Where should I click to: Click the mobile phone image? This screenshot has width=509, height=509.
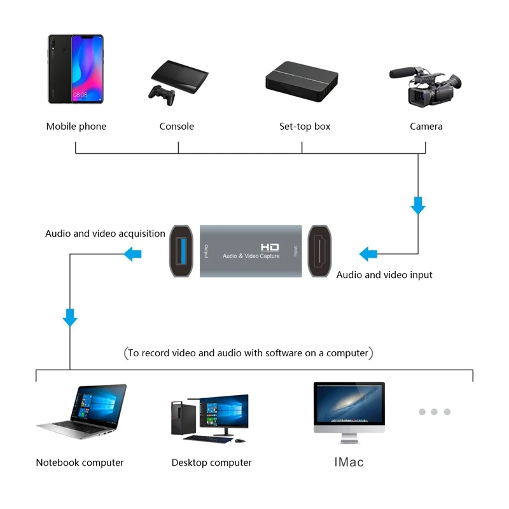point(75,69)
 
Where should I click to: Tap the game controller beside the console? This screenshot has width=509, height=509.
point(162,93)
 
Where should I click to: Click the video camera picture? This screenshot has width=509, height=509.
point(425,88)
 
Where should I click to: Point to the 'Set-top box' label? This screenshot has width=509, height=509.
point(305,127)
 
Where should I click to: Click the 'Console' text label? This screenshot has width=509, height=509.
point(177,127)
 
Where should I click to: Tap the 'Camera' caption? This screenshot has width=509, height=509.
point(426,127)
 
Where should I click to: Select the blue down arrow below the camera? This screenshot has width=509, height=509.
point(418,205)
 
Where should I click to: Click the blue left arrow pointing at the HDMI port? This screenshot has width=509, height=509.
point(368,254)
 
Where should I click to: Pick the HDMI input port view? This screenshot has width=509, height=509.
point(321,251)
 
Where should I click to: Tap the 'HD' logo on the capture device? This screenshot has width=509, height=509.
point(270,246)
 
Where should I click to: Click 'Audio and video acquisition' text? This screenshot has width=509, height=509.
point(105,234)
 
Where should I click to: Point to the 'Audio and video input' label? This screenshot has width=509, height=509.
point(384,275)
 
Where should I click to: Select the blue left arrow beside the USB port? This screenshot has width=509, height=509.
point(132,254)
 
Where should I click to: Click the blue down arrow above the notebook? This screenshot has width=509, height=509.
point(70,316)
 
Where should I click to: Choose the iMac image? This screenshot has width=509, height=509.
point(349,410)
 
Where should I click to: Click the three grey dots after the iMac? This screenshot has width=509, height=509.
point(435,412)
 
